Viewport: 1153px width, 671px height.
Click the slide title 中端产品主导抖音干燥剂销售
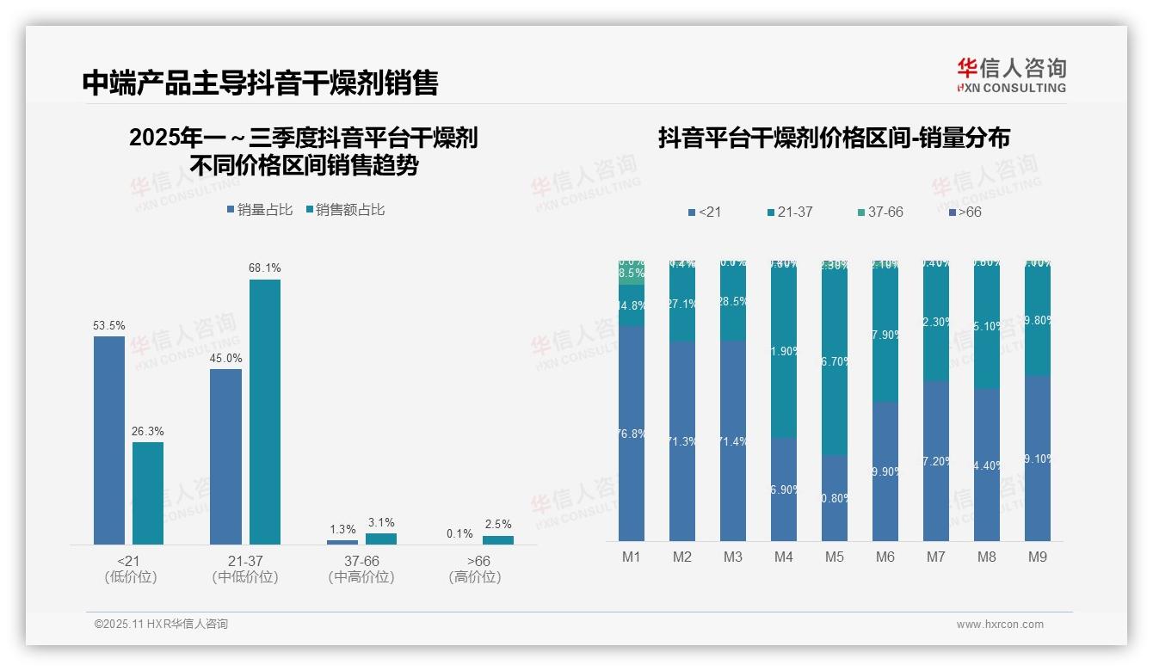pos(260,83)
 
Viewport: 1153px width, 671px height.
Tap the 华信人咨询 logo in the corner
pos(1011,75)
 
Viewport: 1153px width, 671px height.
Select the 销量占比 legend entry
pos(259,210)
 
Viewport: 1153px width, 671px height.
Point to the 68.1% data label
pos(265,268)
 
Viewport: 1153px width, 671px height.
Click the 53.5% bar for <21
pos(109,440)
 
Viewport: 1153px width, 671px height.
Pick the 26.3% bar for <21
pos(148,493)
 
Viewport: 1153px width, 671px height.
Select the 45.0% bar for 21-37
pos(225,456)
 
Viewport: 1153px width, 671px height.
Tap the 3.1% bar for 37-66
pos(381,539)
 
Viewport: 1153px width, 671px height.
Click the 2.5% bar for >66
pos(497,540)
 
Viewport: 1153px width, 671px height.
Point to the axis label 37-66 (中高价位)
pos(361,569)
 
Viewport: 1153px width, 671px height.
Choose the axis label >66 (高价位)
pos(474,569)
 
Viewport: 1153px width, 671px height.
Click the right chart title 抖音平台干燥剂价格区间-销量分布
pos(834,138)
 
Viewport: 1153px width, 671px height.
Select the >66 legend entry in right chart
pos(965,212)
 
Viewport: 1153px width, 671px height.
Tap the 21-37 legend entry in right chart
pos(789,212)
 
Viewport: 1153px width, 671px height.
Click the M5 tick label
pos(834,557)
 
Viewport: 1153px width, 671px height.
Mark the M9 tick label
pos(1037,557)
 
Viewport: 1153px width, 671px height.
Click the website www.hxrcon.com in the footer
pos(1000,625)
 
